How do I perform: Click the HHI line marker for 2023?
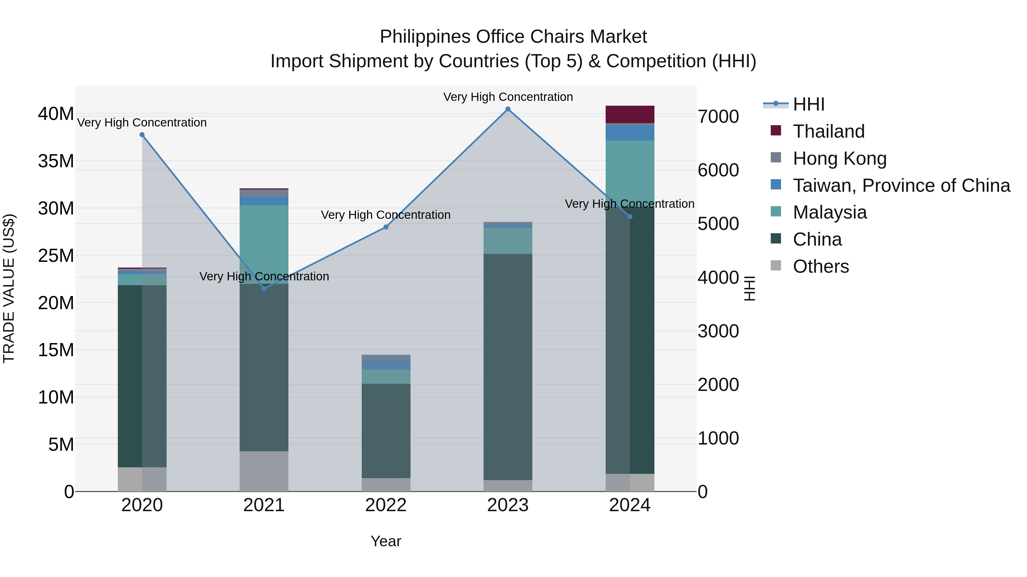coord(508,109)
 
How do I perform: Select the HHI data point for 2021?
coord(264,288)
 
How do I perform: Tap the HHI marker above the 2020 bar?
coord(142,135)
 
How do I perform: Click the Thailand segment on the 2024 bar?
coord(630,114)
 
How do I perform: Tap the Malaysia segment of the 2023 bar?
coord(508,241)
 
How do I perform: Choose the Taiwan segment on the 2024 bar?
coord(630,133)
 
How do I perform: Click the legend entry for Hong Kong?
coord(839,158)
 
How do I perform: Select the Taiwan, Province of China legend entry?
coord(901,185)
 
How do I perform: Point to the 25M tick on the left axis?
coord(56,256)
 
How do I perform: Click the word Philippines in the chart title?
coord(425,37)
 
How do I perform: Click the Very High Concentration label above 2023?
coord(508,97)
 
